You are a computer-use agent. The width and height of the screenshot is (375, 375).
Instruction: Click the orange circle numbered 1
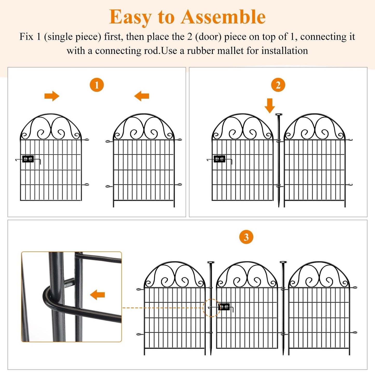(x=97, y=85)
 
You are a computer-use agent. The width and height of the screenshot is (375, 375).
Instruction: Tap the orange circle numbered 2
(x=278, y=85)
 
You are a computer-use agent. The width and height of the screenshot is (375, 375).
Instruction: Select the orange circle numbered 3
(x=246, y=237)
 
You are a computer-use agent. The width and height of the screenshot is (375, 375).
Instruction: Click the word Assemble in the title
(x=223, y=17)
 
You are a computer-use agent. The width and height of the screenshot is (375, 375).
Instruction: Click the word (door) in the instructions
(x=208, y=37)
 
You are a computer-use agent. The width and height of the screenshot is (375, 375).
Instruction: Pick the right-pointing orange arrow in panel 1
(x=52, y=96)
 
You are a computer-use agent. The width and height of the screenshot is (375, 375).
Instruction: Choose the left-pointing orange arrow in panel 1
(x=142, y=96)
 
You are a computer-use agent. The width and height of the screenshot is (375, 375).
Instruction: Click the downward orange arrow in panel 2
(x=270, y=105)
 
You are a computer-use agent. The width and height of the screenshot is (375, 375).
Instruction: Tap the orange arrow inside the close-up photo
(x=97, y=295)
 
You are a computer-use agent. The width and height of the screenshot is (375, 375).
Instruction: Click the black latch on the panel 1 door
(x=28, y=159)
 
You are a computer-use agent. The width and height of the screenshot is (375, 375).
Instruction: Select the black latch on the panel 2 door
(x=220, y=159)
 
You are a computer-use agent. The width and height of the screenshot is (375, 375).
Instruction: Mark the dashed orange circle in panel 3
(x=211, y=308)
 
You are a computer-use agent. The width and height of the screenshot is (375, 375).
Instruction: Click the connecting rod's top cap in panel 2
(x=279, y=115)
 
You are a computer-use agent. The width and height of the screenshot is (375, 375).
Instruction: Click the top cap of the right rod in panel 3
(x=283, y=262)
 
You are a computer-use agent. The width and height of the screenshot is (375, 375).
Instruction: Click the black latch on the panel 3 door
(x=224, y=307)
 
